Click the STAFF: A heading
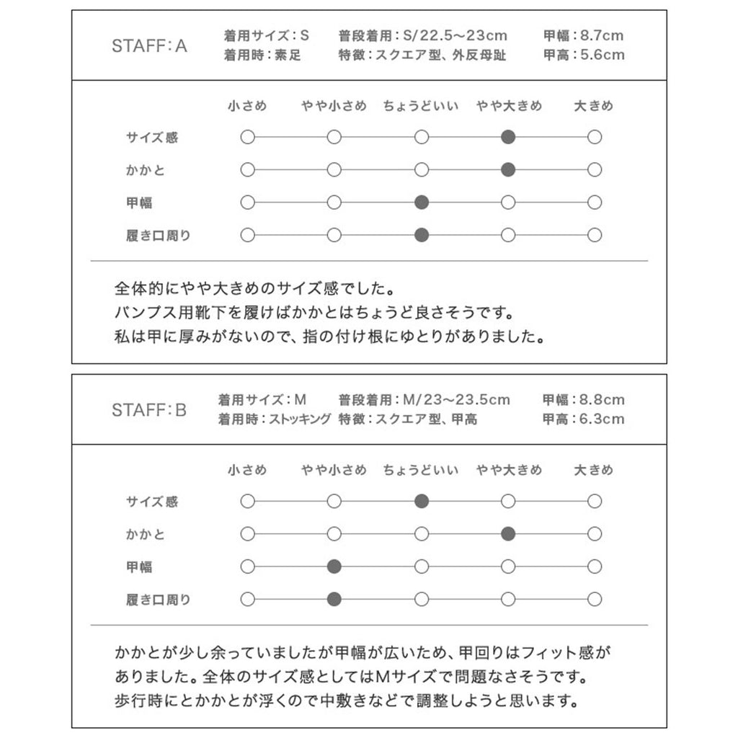(x=149, y=46)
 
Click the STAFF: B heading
(x=149, y=410)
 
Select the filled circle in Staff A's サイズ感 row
(x=508, y=137)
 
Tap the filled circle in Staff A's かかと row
(x=508, y=170)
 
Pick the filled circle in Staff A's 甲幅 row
(x=422, y=203)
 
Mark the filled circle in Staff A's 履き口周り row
(x=422, y=234)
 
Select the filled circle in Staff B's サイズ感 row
(x=422, y=501)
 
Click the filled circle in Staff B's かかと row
(x=508, y=534)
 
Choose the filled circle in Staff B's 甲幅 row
(x=334, y=566)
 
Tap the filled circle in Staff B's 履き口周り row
(x=334, y=599)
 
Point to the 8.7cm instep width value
(x=603, y=35)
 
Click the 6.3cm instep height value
(x=603, y=419)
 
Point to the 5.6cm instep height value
(x=603, y=55)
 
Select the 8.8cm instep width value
(x=603, y=399)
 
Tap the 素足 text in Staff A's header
(x=288, y=55)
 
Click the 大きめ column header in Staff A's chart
(x=594, y=106)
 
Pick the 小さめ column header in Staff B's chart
(x=247, y=470)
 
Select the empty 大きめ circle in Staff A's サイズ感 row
(x=595, y=137)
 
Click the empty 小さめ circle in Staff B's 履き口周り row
(x=247, y=599)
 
